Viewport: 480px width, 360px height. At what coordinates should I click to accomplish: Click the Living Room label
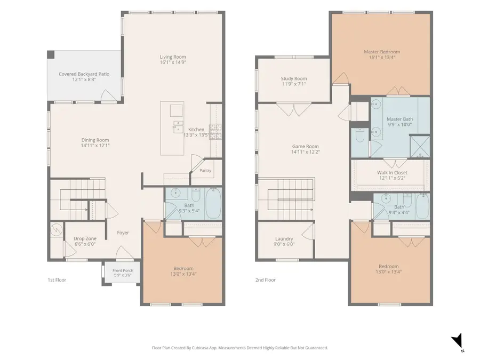[173, 57]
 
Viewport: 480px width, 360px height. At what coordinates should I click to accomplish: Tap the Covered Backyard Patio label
[84, 74]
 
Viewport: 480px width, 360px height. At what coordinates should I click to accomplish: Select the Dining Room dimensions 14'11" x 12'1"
[95, 146]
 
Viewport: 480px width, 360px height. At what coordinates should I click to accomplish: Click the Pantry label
[205, 171]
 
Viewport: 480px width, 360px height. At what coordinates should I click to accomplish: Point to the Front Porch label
[123, 270]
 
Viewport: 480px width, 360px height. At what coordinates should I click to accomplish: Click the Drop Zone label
[85, 238]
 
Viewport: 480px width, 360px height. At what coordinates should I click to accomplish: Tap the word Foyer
[123, 233]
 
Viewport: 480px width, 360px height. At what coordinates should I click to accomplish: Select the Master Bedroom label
[382, 52]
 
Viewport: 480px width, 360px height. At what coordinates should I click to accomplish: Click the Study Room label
[293, 78]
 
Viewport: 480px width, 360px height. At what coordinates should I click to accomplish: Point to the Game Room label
[305, 146]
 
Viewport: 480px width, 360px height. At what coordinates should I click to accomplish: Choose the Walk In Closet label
[392, 172]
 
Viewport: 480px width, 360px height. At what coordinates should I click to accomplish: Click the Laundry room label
[284, 238]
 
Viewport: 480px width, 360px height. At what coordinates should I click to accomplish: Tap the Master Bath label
[399, 119]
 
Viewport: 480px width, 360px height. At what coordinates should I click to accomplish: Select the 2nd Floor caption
[266, 280]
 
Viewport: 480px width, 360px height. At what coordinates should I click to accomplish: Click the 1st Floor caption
[57, 280]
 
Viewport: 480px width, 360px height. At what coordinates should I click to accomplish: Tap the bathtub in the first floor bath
[213, 203]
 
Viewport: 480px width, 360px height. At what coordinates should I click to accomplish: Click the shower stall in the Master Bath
[420, 146]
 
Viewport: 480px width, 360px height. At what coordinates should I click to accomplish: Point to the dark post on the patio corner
[51, 54]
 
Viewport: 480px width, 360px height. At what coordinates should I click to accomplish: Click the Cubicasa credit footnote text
[239, 348]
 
